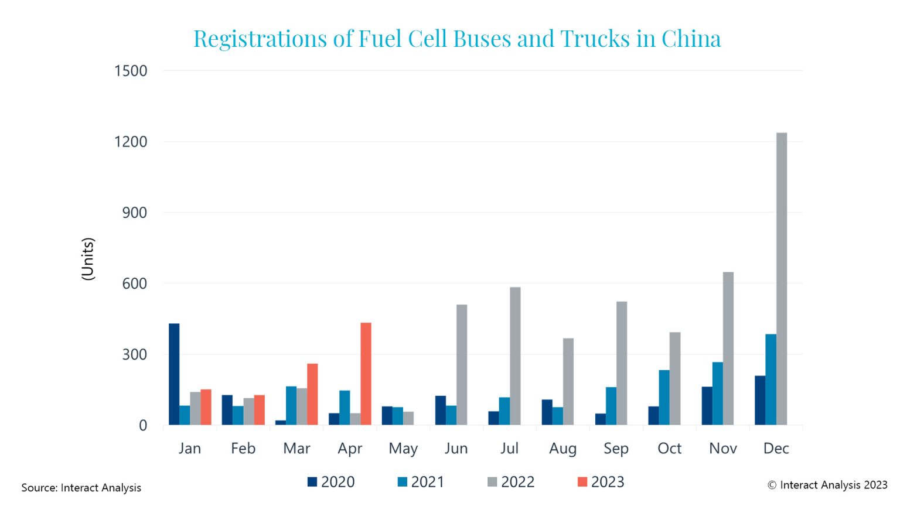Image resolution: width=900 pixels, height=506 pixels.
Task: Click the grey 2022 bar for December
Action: [781, 279]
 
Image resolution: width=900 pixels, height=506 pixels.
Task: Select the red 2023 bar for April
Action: [366, 374]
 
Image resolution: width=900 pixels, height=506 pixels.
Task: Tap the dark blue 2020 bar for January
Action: [174, 374]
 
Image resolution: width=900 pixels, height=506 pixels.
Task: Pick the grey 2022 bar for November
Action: [728, 348]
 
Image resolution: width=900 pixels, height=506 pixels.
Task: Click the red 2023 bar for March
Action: [312, 394]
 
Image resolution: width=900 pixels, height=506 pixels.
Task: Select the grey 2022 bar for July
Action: [515, 356]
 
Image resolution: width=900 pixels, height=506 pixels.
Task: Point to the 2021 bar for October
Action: [664, 398]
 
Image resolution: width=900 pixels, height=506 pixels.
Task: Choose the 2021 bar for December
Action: [771, 379]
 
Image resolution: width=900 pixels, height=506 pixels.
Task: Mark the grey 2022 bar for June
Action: [462, 365]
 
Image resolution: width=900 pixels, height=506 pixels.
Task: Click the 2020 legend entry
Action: [331, 482]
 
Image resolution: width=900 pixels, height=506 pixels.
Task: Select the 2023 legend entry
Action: [601, 482]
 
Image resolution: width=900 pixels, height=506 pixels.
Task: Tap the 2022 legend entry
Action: [511, 482]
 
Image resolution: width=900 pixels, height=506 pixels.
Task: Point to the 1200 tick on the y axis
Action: [131, 142]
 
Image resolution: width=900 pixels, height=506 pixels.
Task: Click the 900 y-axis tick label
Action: [134, 213]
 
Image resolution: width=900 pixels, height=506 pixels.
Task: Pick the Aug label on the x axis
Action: [562, 449]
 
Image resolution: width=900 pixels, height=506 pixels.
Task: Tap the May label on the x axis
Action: [403, 449]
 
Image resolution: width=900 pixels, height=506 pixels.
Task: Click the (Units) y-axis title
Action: [87, 259]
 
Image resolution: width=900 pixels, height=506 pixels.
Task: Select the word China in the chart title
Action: [691, 39]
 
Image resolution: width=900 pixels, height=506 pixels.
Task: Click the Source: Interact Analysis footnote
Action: [81, 488]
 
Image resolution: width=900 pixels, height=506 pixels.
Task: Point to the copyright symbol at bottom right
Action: [772, 485]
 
